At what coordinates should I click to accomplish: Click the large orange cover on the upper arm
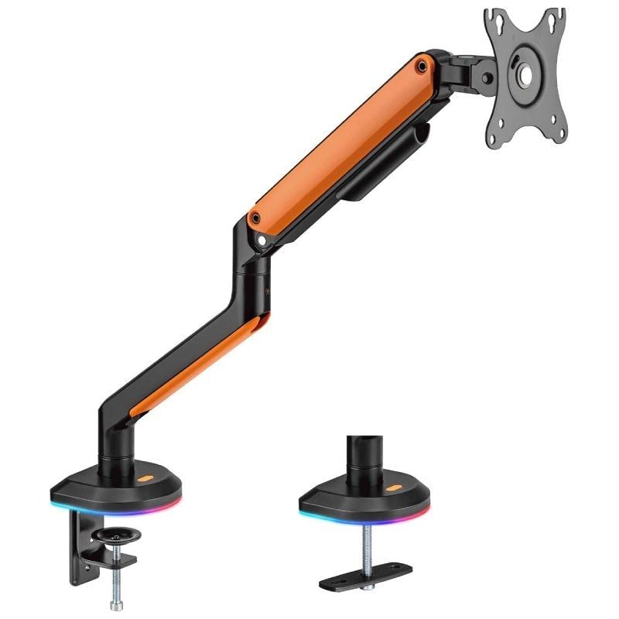pyautogui.click(x=340, y=139)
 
